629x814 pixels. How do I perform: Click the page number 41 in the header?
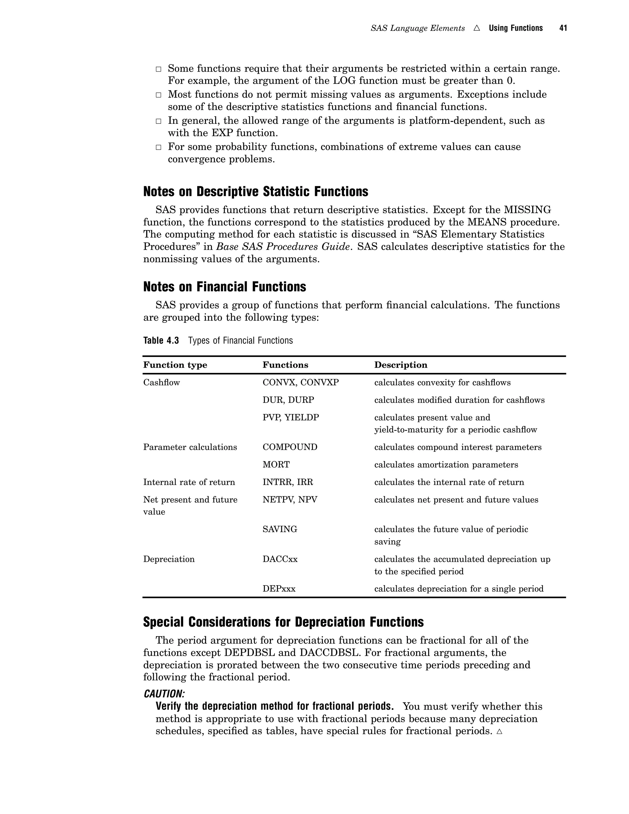pos(563,28)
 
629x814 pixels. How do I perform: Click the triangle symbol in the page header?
pos(477,28)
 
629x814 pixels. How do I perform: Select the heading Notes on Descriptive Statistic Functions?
pos(256,192)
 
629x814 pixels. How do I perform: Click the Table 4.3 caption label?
pos(161,340)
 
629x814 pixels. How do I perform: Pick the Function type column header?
pos(175,365)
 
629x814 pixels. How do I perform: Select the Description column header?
pos(400,365)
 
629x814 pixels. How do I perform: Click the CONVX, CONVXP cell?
pos(300,382)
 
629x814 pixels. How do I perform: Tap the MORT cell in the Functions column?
pos(276,465)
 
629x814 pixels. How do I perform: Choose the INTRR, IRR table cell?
pos(288,482)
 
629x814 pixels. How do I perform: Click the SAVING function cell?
pos(279,529)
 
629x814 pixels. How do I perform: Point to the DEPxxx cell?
pos(279,589)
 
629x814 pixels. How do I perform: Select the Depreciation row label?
pos(169,559)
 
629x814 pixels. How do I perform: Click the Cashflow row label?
pos(161,382)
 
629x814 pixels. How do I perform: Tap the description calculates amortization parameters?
pos(446,465)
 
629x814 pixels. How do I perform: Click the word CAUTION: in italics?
pos(164,694)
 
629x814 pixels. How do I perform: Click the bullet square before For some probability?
pos(158,147)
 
